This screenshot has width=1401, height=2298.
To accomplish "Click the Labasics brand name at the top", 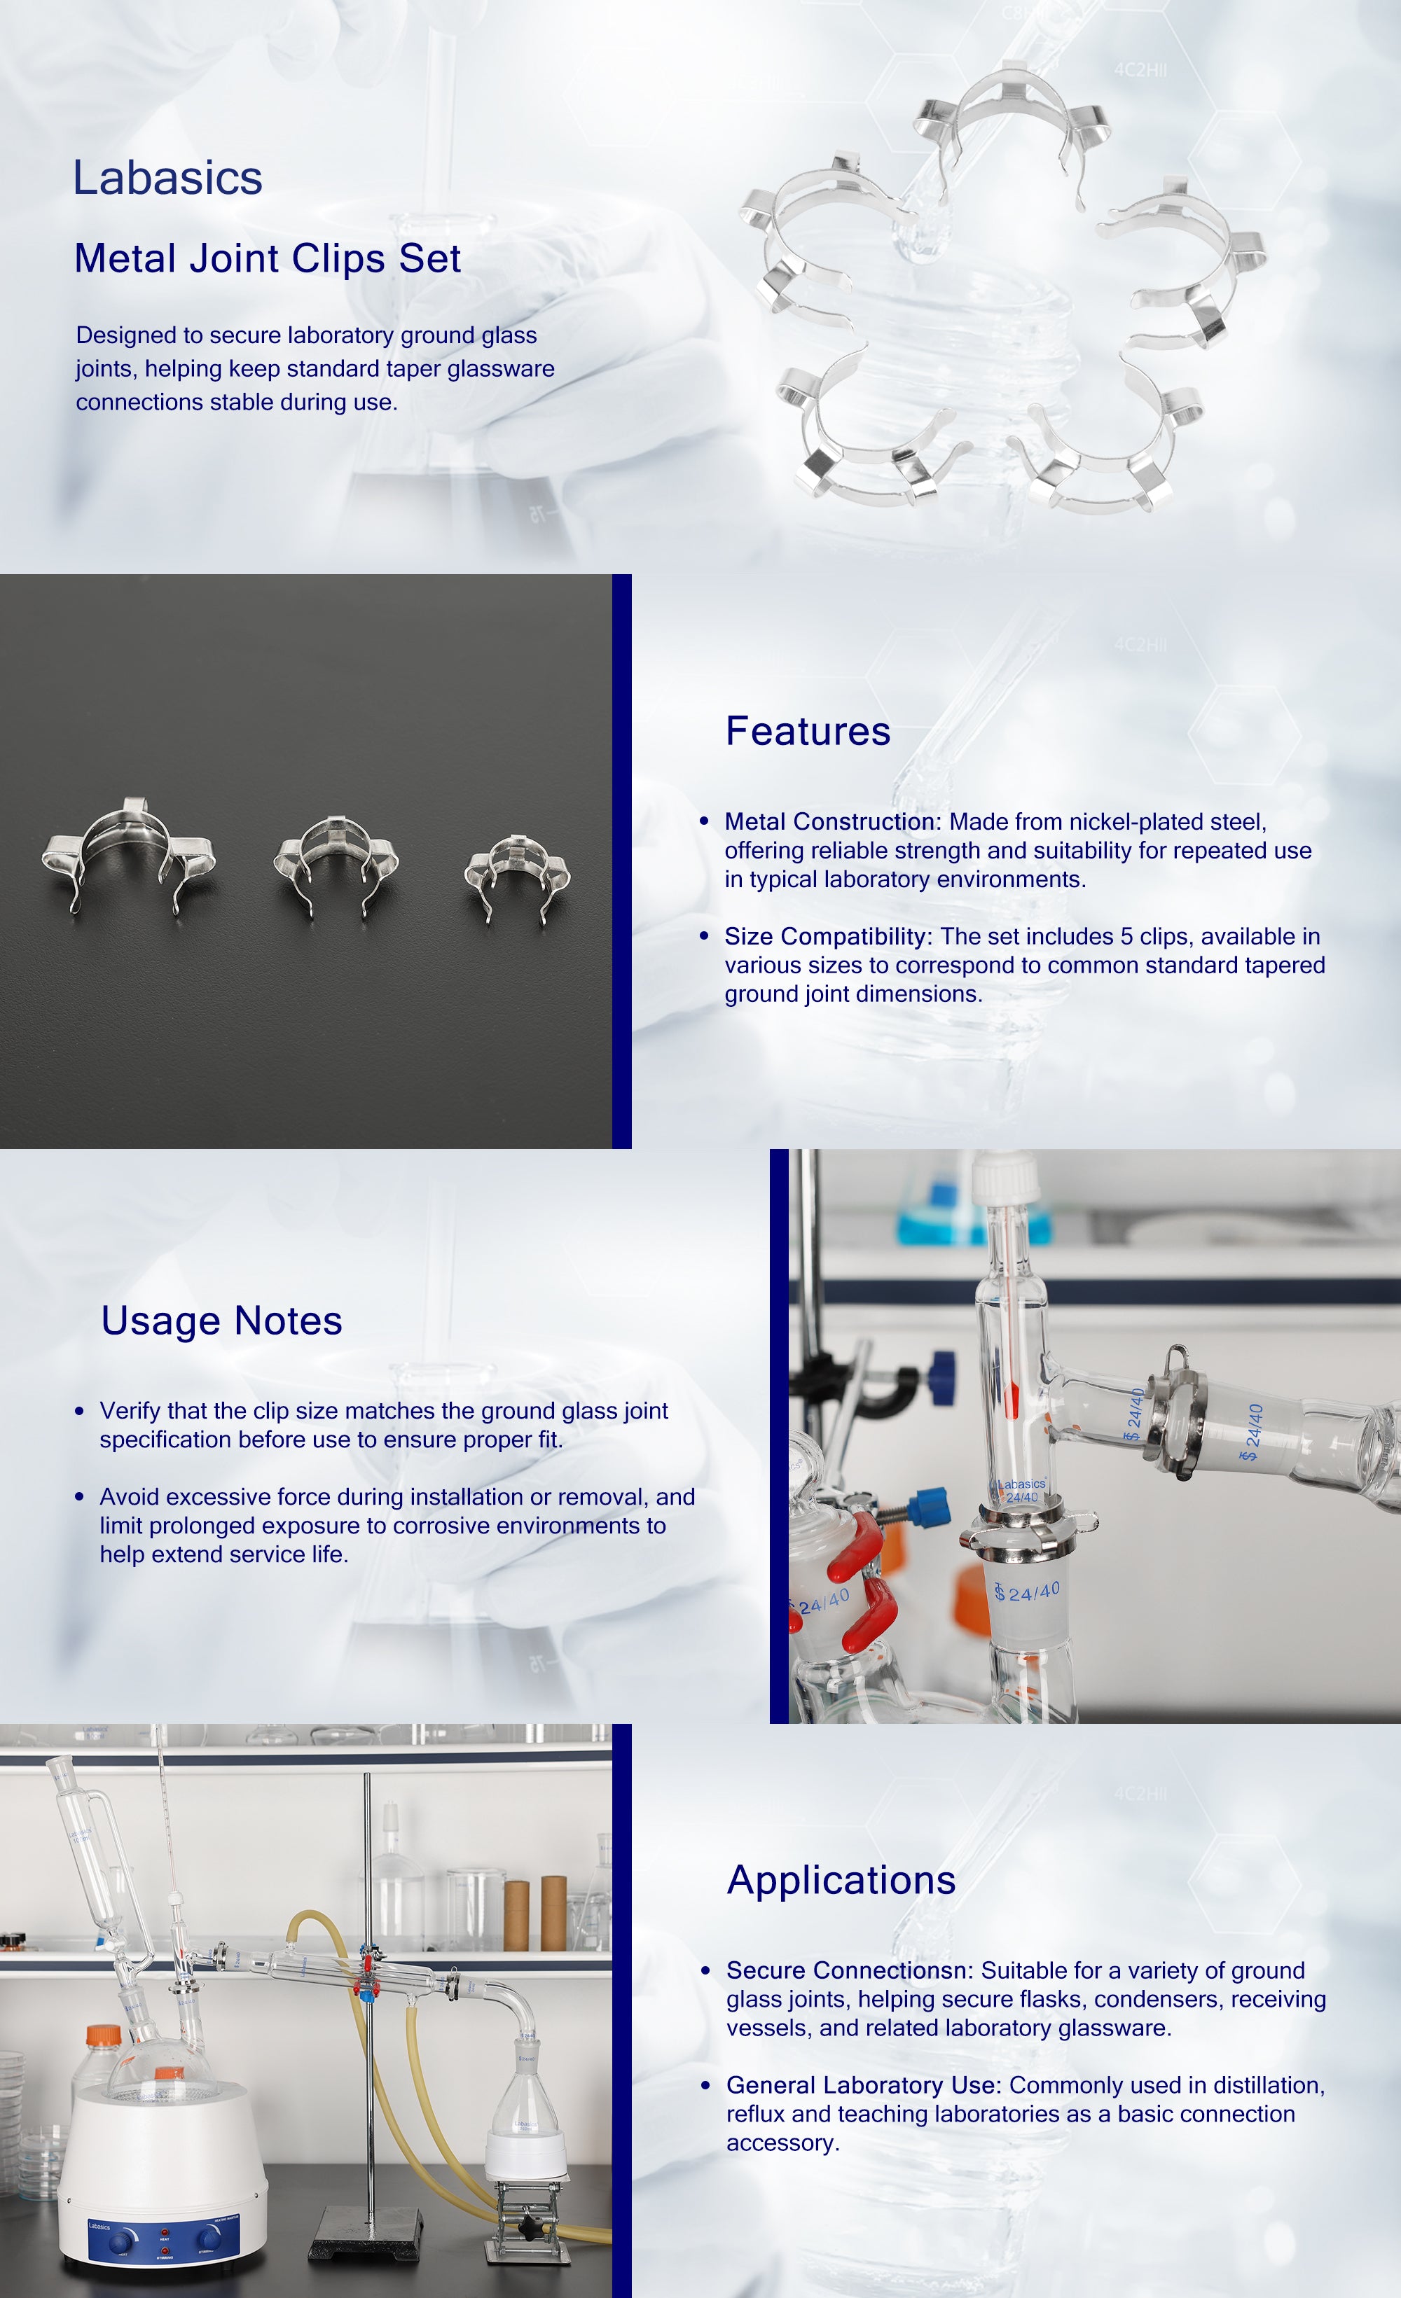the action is (168, 178).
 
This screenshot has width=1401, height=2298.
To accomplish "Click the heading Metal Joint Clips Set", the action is (268, 258).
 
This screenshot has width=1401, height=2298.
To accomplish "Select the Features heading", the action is (808, 731).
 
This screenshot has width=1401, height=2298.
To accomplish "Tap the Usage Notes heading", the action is (221, 1321).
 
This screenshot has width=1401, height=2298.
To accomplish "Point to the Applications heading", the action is (841, 1880).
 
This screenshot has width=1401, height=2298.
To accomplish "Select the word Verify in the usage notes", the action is (130, 1411).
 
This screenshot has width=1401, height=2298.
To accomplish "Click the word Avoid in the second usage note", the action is (129, 1497).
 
